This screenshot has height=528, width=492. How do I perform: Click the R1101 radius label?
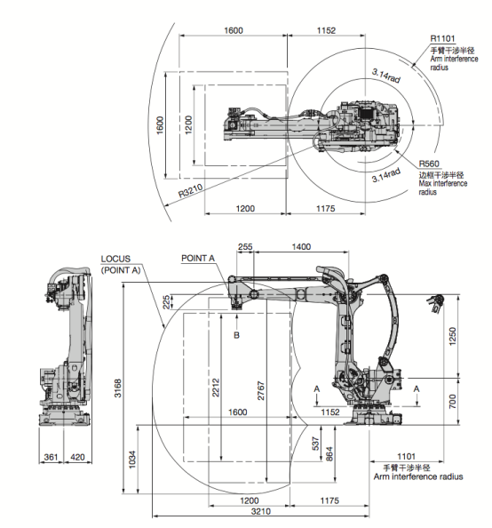pyautogui.click(x=442, y=39)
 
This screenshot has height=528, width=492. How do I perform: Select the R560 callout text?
pyautogui.click(x=429, y=164)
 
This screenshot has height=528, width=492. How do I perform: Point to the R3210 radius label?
pyautogui.click(x=190, y=190)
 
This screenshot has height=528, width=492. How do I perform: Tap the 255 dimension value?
pyautogui.click(x=245, y=246)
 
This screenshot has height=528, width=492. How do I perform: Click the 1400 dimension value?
pyautogui.click(x=301, y=247)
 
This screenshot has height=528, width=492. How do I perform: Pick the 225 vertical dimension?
pyautogui.click(x=166, y=302)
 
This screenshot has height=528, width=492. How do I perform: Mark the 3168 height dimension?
pyautogui.click(x=118, y=388)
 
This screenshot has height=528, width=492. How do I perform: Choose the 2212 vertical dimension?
pyautogui.click(x=216, y=388)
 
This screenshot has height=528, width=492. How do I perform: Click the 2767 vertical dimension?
pyautogui.click(x=261, y=390)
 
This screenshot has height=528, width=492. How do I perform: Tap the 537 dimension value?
pyautogui.click(x=315, y=444)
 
